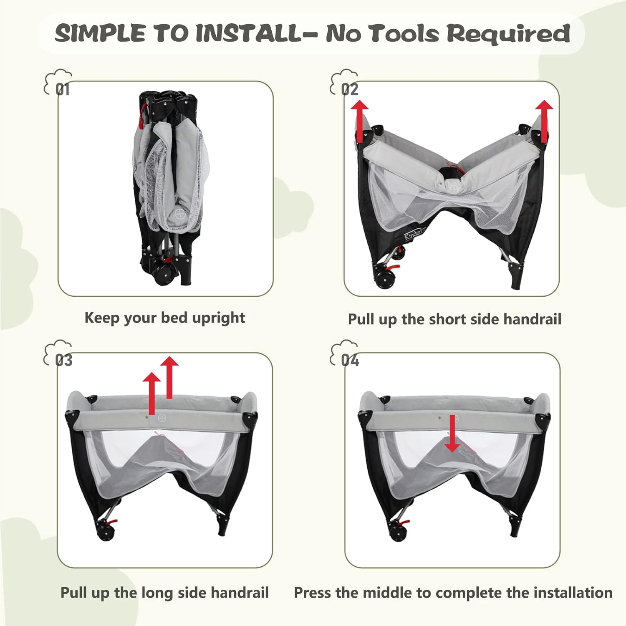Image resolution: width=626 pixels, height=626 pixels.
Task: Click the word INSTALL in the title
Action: [x=249, y=33]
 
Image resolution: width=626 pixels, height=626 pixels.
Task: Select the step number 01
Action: [x=63, y=89]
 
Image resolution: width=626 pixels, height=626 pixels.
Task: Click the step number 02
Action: [x=350, y=89]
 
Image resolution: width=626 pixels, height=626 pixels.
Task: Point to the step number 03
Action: [x=63, y=360]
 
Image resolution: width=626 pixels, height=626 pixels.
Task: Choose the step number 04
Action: [x=350, y=360]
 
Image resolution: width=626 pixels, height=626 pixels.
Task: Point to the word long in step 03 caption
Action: [x=158, y=593]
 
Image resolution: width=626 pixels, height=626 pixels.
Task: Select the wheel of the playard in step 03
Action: [x=105, y=533]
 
